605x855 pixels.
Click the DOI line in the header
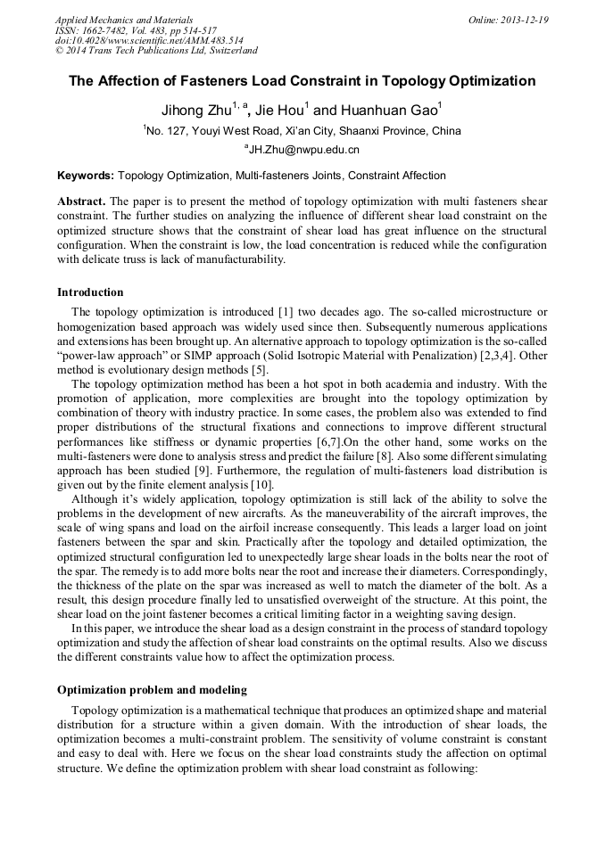pyautogui.click(x=149, y=41)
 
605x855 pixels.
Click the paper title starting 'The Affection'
pyautogui.click(x=302, y=81)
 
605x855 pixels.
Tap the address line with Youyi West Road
pyautogui.click(x=302, y=131)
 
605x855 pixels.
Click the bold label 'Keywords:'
pyautogui.click(x=86, y=176)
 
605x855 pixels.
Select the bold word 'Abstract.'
pyautogui.click(x=81, y=201)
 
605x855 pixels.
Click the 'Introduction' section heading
pyautogui.click(x=90, y=292)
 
